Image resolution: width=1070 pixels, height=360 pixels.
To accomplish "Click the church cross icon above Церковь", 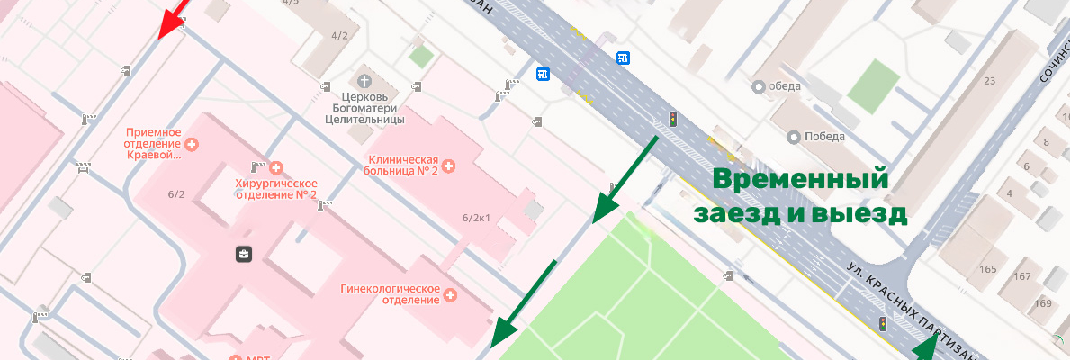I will [x=365, y=76].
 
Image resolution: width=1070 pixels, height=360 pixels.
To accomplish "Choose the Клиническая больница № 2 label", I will [x=401, y=166].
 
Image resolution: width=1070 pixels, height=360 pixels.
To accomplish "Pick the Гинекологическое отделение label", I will [x=390, y=294].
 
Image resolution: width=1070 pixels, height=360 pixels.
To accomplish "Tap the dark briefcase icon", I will [x=244, y=255].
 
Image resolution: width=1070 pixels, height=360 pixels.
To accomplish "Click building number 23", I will [x=990, y=81].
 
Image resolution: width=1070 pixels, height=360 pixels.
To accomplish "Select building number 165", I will [x=988, y=269].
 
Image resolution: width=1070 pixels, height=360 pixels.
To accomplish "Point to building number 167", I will [x=1021, y=276].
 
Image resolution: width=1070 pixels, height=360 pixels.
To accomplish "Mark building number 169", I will [x=1043, y=303].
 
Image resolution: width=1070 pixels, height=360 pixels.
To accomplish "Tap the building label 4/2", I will [x=339, y=36].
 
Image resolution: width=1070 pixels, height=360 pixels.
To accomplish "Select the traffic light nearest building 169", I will [x=883, y=324].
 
